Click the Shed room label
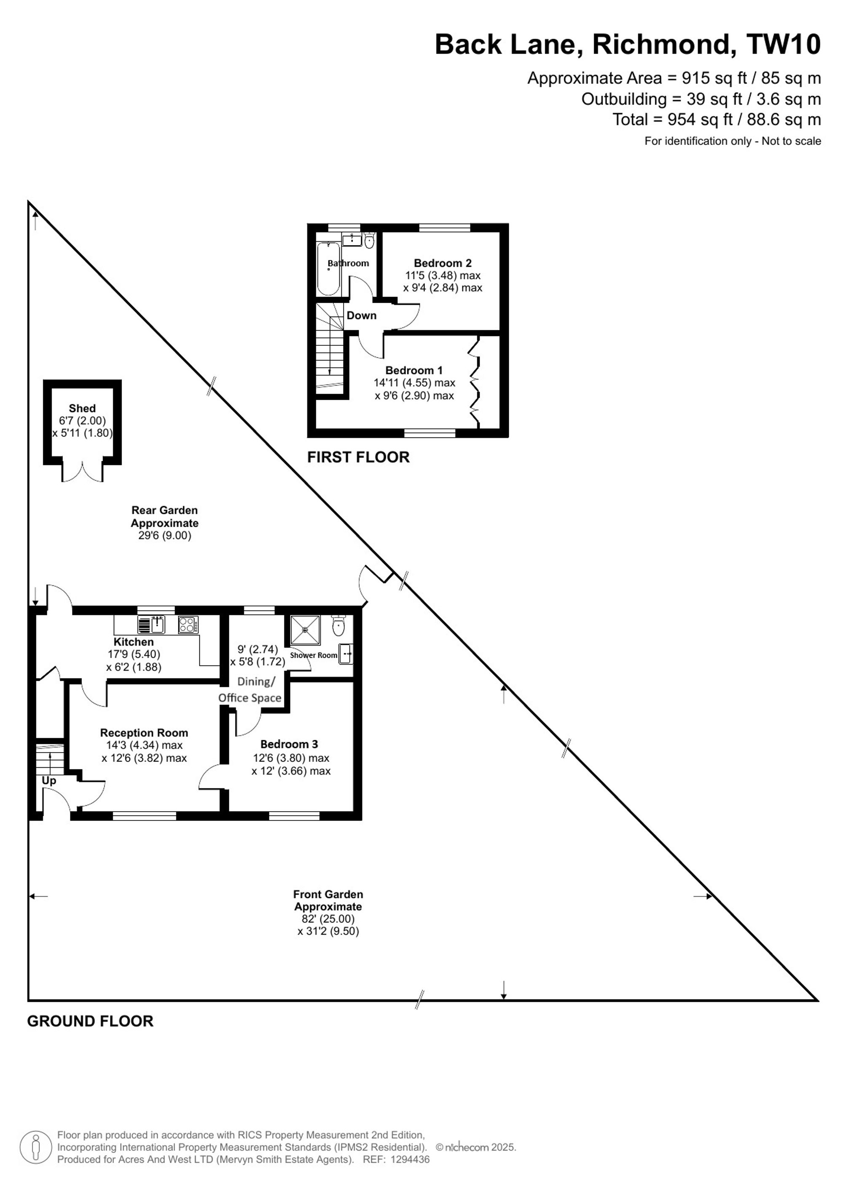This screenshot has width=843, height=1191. (x=82, y=408)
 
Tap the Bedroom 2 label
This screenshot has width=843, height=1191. (x=443, y=263)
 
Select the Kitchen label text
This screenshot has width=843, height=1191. (x=134, y=642)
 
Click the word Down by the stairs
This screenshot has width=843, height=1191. (x=361, y=315)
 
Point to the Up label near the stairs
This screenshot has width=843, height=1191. (x=49, y=781)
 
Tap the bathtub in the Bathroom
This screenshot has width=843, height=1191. (x=329, y=269)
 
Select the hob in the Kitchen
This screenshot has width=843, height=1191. (x=188, y=625)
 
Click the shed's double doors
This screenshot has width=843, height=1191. (x=83, y=470)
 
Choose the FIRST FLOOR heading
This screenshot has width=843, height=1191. (x=358, y=457)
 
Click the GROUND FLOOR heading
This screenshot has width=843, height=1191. (x=90, y=1021)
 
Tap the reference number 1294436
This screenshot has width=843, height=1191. (x=410, y=1159)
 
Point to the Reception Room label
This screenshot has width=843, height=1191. (x=144, y=732)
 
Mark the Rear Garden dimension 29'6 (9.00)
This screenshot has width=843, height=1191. (x=164, y=536)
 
